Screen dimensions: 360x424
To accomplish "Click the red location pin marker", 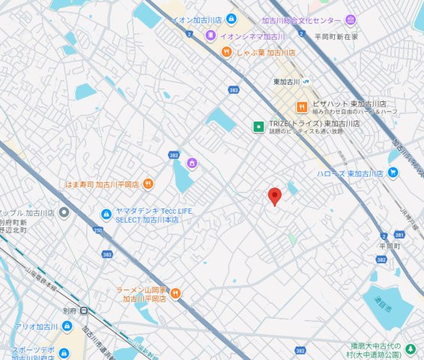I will coord(275,196).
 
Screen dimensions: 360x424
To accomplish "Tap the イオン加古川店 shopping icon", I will coord(231,19).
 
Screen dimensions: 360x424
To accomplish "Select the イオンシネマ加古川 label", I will coord(252,36).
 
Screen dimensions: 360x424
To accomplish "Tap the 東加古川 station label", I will coord(286,81).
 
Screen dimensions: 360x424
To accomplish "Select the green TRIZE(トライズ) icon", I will coord(258,126).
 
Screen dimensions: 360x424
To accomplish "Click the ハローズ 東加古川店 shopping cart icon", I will coord(393,172).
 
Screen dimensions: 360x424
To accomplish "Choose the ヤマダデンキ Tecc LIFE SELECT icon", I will coord(106,215).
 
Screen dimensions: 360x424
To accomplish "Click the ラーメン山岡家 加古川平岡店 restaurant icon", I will coord(176,294).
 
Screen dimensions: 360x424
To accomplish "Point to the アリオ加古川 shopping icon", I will coord(67,327).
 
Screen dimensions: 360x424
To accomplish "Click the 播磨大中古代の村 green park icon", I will coord(410,349).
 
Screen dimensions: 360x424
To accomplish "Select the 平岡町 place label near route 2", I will coord(390,245).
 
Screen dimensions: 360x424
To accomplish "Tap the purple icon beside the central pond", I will coord(192,163).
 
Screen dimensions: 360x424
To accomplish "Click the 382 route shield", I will coord(300,349).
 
